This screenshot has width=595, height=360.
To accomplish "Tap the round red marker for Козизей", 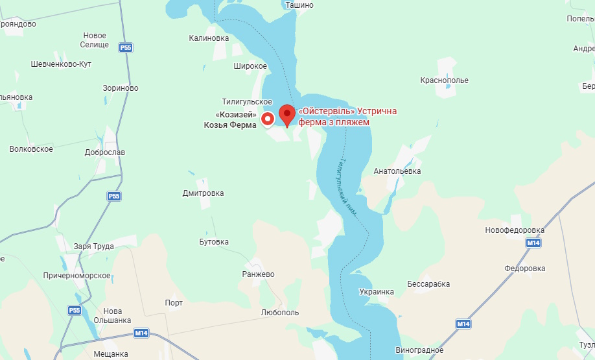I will point(268,119).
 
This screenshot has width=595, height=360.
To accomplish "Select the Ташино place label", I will point(299,5).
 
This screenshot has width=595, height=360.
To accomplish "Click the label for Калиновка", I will point(209,38).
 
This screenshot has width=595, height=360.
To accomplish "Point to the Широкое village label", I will point(250,66).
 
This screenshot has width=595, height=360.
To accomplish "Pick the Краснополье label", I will point(444,80).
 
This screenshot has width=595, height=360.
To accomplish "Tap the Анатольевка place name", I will point(397,171).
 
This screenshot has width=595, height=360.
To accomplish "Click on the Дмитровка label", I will point(203,193).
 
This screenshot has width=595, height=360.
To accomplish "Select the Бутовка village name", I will point(214,242).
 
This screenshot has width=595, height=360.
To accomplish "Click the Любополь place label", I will point(280,312).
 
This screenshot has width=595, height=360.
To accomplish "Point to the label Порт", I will point(174,303).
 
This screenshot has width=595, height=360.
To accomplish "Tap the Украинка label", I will point(377,292).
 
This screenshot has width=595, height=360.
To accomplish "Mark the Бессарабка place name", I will point(428,284).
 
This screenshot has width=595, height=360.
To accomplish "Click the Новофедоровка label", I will point(515,230).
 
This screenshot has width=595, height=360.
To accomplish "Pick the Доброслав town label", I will point(105,152).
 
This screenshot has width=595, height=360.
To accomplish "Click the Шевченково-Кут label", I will point(61,64).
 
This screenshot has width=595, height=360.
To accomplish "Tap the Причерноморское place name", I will point(76,276).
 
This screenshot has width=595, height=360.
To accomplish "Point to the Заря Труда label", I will point(94,246).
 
